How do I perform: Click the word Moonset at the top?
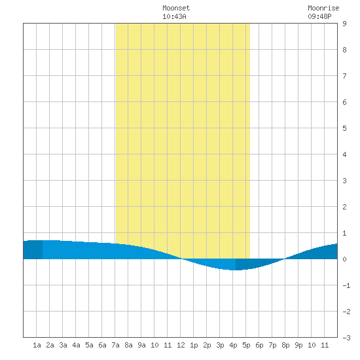click(176, 8)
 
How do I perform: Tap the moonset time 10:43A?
click(174, 16)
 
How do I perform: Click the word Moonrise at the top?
click(323, 8)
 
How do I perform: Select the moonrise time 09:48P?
click(319, 16)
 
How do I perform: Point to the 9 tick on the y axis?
click(344, 24)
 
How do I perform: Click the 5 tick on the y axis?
click(344, 128)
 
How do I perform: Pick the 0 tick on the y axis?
click(344, 259)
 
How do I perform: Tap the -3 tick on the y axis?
click(346, 338)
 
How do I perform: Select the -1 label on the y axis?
click(346, 285)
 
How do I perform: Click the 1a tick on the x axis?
click(37, 345)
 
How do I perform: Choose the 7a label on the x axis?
click(115, 345)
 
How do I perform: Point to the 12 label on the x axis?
click(181, 345)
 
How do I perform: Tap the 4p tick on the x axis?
click(233, 345)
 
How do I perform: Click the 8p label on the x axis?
click(285, 345)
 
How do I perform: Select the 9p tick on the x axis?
click(298, 345)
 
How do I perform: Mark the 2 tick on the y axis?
click(344, 207)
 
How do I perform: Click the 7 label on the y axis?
click(344, 76)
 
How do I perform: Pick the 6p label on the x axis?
click(259, 345)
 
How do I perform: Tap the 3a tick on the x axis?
click(63, 345)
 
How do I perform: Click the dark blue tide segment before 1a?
click(33, 250)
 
